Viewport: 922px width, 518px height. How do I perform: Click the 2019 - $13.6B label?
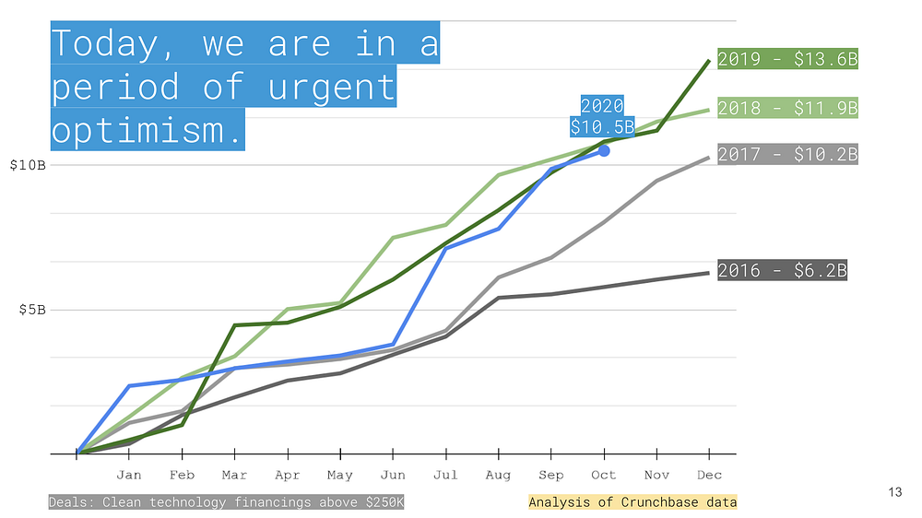(787, 59)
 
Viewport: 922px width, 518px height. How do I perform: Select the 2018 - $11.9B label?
(787, 108)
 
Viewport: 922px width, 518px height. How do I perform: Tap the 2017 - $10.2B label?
(787, 154)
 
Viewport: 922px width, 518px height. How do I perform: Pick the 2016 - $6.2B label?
(782, 270)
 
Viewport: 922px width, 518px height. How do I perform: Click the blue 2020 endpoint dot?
(604, 151)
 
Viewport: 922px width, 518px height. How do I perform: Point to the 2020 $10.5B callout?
(602, 116)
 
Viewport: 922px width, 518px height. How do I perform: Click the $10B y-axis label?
(28, 165)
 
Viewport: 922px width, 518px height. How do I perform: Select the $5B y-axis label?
(32, 310)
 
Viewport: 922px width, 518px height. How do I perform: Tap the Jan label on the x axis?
(129, 475)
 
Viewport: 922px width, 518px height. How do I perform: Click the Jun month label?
(393, 475)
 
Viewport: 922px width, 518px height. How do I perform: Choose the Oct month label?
(604, 475)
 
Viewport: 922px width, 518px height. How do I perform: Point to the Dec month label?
(709, 475)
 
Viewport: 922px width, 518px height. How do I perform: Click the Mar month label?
(234, 475)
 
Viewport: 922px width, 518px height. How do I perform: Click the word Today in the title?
(105, 44)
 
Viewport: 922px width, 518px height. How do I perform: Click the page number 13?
(895, 492)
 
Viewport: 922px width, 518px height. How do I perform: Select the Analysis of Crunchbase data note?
(632, 502)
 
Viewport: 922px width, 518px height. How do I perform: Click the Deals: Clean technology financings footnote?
(227, 502)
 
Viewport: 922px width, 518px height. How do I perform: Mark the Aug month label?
(498, 475)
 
